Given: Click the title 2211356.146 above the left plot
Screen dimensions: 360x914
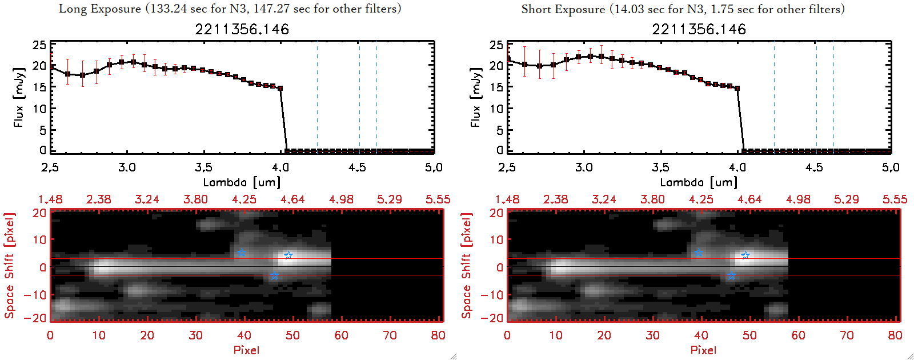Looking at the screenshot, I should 242,29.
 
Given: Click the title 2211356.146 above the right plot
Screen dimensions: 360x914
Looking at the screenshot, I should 699,29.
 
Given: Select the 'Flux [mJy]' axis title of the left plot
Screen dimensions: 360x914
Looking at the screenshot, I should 19,98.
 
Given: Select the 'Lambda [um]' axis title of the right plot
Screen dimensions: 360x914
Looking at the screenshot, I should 699,182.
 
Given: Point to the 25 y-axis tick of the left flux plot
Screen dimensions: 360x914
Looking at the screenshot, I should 39,45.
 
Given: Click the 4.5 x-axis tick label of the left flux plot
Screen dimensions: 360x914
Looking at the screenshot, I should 357,167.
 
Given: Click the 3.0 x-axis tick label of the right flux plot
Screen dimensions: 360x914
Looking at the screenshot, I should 584,167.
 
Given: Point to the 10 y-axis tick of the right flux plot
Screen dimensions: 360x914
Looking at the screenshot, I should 496,109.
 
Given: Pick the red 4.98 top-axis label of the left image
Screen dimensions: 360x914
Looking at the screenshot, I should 341,199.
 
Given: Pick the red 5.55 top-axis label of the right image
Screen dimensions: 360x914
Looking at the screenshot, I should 895,199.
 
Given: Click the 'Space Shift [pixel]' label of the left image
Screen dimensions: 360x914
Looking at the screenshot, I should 9,266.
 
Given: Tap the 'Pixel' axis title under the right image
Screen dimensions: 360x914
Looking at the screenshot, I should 703,350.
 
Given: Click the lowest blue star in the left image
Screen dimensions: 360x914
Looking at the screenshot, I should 275,277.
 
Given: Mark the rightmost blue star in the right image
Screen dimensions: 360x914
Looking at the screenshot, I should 745,255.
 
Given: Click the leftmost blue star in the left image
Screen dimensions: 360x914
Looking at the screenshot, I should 242,253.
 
